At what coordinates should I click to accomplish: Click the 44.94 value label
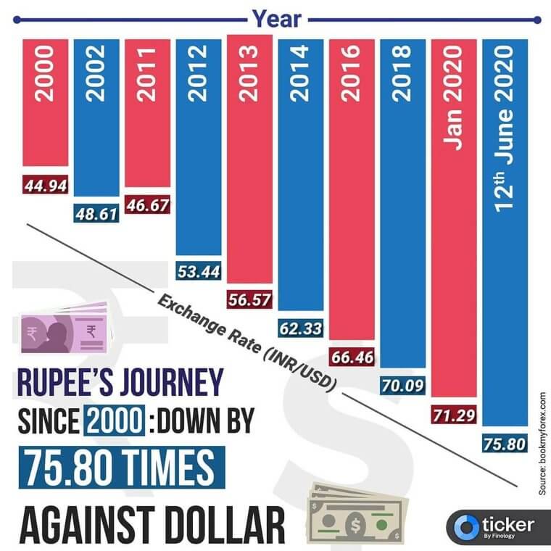[x=45, y=186]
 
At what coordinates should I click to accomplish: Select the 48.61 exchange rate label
[x=96, y=215]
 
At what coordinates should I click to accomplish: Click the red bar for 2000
[x=45, y=101]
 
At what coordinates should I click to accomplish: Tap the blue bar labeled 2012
[x=198, y=145]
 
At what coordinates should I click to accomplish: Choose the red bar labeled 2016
[x=352, y=188]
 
